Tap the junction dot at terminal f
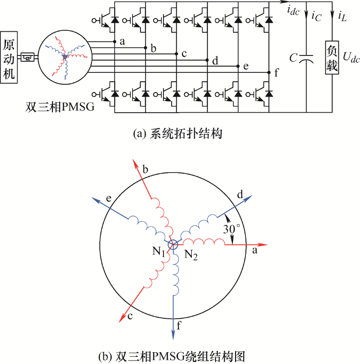click(269, 72)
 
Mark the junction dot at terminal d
click(207, 60)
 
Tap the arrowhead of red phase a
click(264, 245)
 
